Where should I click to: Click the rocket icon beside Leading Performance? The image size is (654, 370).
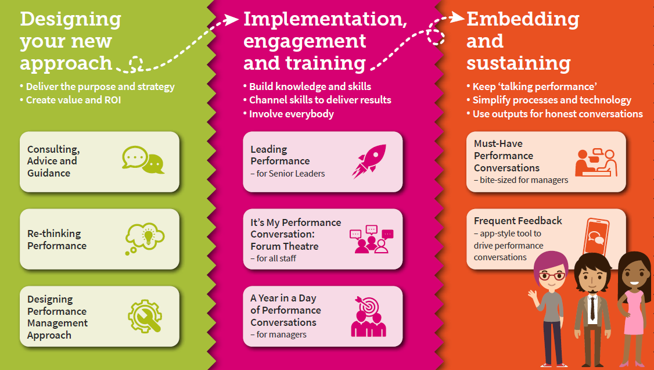pyautogui.click(x=369, y=161)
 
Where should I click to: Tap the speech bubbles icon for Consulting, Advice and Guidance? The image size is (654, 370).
pyautogui.click(x=143, y=160)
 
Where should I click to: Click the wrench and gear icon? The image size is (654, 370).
pyautogui.click(x=145, y=316)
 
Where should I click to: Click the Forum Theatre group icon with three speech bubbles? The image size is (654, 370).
pyautogui.click(x=371, y=239)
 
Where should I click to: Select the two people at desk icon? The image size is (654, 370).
pyautogui.click(x=595, y=162)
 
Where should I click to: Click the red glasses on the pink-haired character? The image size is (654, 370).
pyautogui.click(x=551, y=276)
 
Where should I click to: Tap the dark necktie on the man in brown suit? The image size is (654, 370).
pyautogui.click(x=592, y=308)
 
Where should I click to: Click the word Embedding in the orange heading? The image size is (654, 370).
pyautogui.click(x=523, y=20)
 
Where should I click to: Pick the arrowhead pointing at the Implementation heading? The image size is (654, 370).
pyautogui.click(x=232, y=19)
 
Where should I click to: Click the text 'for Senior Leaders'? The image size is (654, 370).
pyautogui.click(x=290, y=174)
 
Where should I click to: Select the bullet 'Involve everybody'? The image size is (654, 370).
pyautogui.click(x=291, y=114)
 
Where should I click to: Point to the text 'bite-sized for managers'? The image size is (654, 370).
pyautogui.click(x=524, y=180)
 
